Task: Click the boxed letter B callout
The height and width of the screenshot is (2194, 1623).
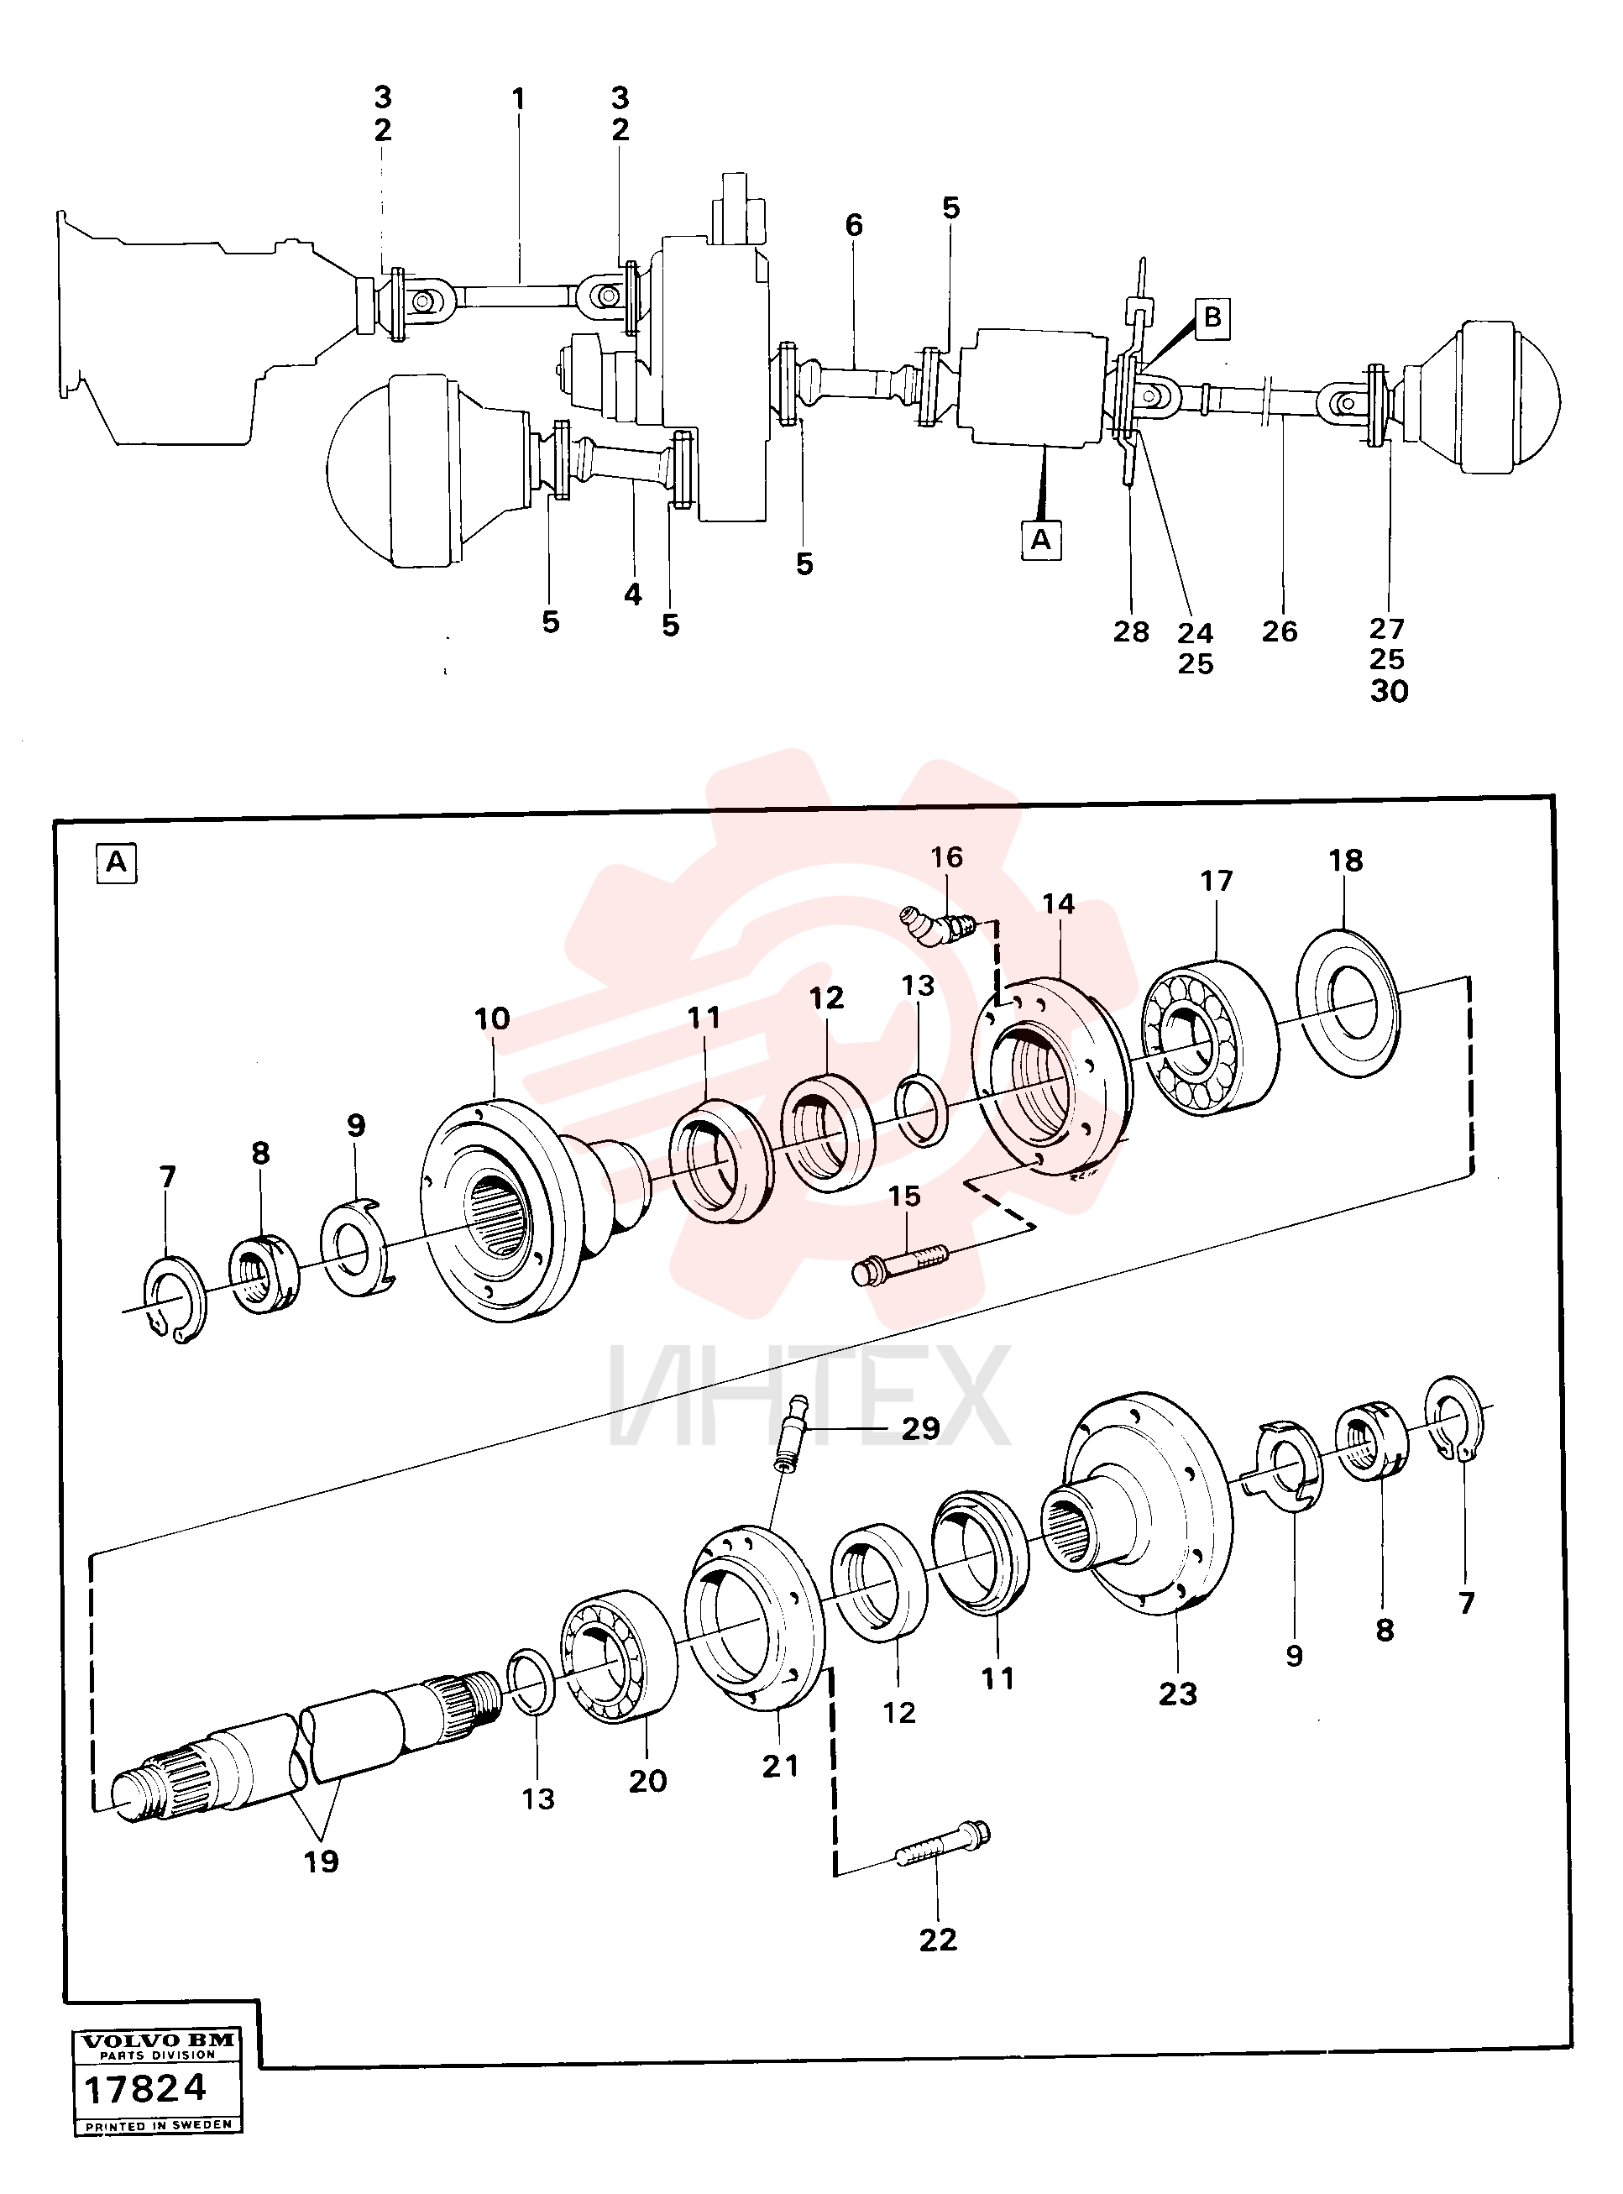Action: (x=1213, y=317)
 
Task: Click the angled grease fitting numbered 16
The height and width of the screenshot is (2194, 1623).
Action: (x=938, y=925)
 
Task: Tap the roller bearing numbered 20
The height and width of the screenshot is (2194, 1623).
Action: (x=618, y=1656)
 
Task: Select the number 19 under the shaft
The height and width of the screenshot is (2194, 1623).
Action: (x=322, y=1861)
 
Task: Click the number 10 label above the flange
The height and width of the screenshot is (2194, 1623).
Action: (x=492, y=1018)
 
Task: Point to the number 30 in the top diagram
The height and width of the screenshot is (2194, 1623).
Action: (x=1390, y=692)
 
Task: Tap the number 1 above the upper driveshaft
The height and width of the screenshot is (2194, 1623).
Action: (x=519, y=98)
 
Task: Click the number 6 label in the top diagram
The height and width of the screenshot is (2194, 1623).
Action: (x=854, y=225)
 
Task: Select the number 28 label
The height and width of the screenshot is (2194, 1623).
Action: (x=1131, y=631)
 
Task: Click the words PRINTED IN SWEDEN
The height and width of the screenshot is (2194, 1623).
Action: (x=158, y=2125)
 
